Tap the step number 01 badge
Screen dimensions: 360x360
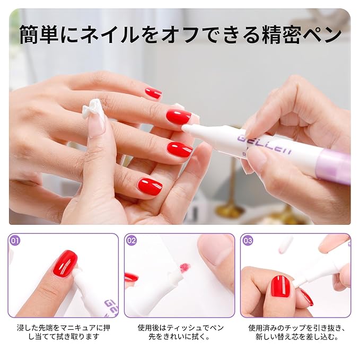15,240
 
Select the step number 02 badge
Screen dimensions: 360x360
131,240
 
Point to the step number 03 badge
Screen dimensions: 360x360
248,240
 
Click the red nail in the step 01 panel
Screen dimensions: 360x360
65,264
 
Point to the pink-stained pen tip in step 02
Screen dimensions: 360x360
185,267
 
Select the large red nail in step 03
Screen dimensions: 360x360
280,286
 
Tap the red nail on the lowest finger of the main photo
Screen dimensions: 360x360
150,186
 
